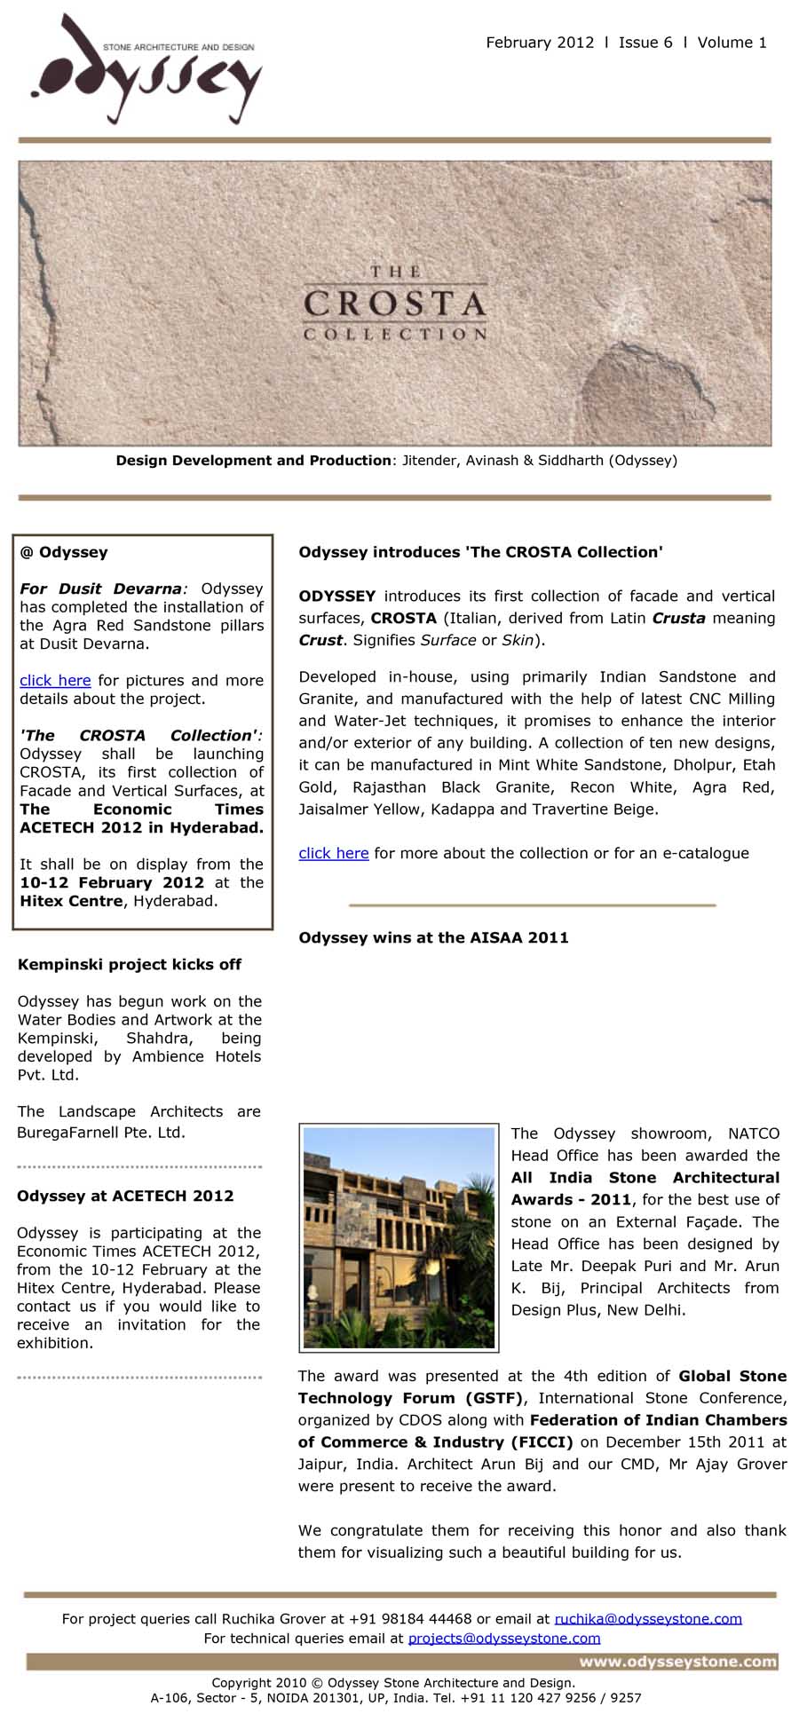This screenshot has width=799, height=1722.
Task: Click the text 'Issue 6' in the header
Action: point(645,43)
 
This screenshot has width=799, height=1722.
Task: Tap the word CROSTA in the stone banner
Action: point(395,304)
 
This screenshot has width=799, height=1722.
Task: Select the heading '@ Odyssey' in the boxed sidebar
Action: point(64,552)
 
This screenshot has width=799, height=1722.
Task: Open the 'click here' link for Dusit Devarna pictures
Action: point(55,681)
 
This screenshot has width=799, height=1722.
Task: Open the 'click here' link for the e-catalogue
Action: point(333,853)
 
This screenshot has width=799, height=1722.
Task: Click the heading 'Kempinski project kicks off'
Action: point(130,965)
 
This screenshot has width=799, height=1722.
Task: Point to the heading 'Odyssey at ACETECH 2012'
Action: point(125,1196)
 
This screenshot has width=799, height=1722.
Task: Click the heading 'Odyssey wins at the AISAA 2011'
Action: point(433,937)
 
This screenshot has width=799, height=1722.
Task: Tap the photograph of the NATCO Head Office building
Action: point(399,1237)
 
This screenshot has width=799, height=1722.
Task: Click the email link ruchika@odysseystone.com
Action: point(648,1618)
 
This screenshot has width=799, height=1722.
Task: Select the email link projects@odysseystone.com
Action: point(504,1638)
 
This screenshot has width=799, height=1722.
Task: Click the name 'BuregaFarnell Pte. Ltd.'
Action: point(101,1133)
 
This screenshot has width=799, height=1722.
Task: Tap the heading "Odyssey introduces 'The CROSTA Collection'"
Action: point(480,552)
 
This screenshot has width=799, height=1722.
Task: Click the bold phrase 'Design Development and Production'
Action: point(254,461)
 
